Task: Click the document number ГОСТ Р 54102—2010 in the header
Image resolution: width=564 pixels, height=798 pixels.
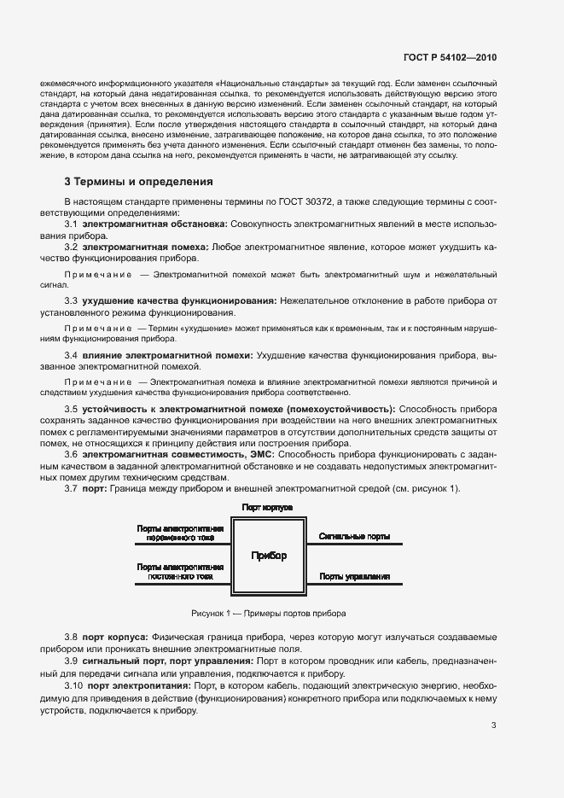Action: coord(450,58)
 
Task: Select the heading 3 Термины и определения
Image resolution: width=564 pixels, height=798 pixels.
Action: coord(139,182)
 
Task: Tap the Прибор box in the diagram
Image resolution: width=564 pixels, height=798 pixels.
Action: coord(269,556)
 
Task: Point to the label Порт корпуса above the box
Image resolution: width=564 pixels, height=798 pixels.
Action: coord(267,507)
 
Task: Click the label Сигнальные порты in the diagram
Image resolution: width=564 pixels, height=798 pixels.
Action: coord(355,537)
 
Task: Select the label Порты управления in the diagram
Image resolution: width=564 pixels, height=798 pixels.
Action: coord(355,577)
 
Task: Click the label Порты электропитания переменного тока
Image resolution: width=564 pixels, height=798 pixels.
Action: coord(180,533)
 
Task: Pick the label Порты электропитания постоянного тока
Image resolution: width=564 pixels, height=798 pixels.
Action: coord(180,572)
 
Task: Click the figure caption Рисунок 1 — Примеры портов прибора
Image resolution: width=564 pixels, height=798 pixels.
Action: coord(269,614)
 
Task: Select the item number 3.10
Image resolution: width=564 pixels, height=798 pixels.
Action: coord(73,685)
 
